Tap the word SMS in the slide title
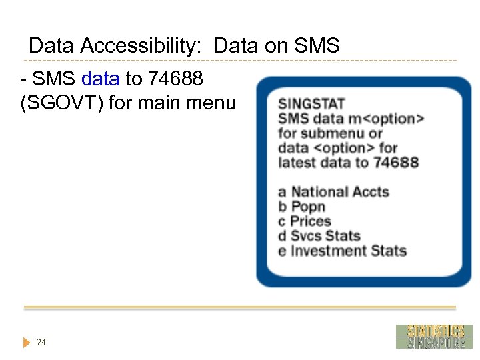317,46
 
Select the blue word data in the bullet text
100,79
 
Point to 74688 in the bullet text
175,79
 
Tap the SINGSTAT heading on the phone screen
311,104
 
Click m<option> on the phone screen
389,119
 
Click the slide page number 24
41,342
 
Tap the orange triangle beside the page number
26,343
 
